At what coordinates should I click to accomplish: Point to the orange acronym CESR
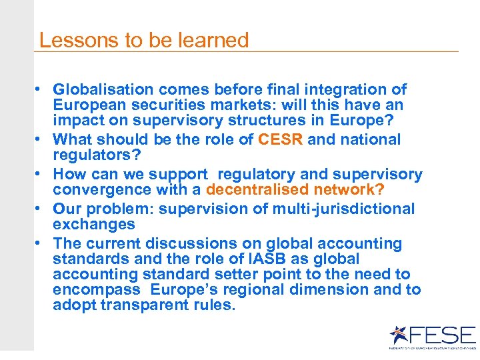point(281,139)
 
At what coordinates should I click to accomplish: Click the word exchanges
point(94,224)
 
